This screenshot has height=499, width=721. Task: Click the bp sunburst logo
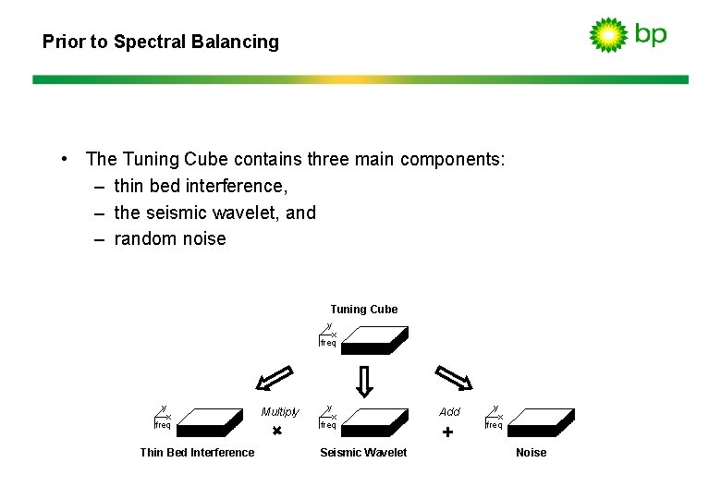click(608, 34)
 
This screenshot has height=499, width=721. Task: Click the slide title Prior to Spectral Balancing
click(161, 42)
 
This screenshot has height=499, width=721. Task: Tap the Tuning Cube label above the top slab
click(363, 310)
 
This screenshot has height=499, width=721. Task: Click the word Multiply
click(280, 412)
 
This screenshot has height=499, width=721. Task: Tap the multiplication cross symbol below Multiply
click(276, 432)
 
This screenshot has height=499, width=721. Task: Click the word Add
click(449, 412)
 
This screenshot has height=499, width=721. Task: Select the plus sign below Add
click(447, 432)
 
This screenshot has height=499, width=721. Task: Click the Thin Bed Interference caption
click(197, 453)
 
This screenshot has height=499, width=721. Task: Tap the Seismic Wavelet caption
click(363, 453)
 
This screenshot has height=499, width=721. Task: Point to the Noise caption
click(531, 453)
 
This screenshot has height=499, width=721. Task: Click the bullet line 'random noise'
click(169, 238)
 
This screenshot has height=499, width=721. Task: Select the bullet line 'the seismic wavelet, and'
click(214, 213)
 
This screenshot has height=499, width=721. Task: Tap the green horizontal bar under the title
click(360, 79)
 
